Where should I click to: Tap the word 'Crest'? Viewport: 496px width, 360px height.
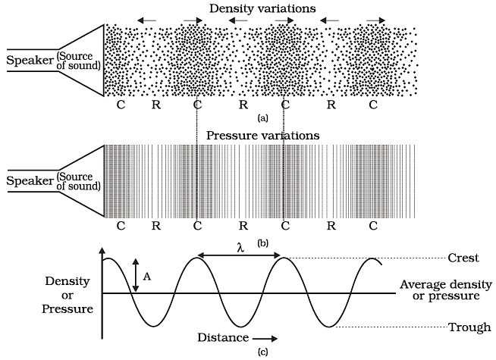pyautogui.click(x=463, y=258)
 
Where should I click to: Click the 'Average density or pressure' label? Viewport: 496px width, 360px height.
pyautogui.click(x=440, y=290)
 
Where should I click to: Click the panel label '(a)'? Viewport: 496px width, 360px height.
pyautogui.click(x=262, y=119)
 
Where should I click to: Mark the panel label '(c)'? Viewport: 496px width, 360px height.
pyautogui.click(x=262, y=352)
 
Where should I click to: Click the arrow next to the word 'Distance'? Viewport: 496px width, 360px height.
pyautogui.click(x=266, y=338)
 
